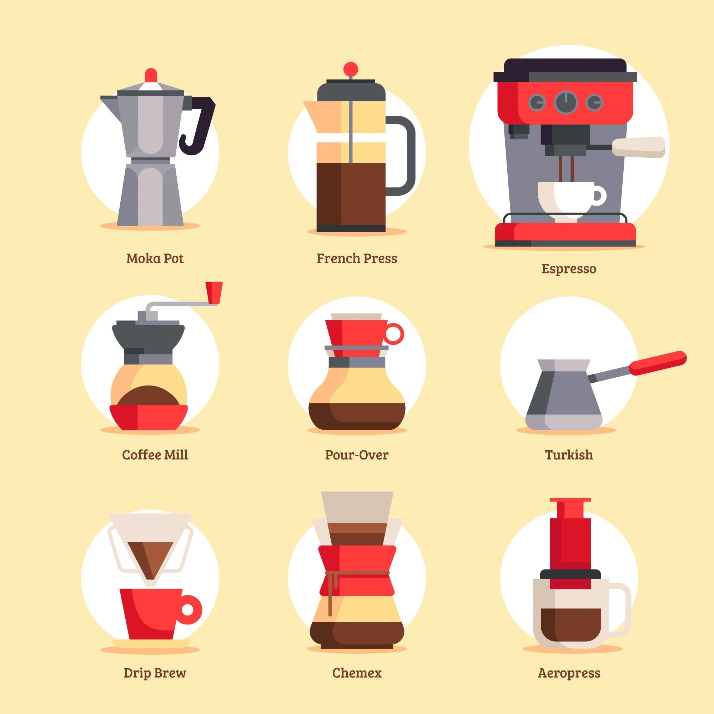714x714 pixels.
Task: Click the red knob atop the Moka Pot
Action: pos(151,75)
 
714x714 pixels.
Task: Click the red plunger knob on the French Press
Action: pos(350,69)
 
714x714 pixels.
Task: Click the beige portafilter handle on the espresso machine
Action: pos(638,147)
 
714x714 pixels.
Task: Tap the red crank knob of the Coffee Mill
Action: pos(214,292)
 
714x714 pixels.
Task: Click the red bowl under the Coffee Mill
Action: pos(149,417)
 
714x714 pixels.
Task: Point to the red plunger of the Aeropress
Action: pos(569,539)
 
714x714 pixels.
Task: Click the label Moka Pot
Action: pos(155,258)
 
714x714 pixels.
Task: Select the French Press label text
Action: pos(357,258)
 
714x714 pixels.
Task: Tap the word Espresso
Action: pos(569,269)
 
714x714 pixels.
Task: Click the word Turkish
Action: pos(569,454)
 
